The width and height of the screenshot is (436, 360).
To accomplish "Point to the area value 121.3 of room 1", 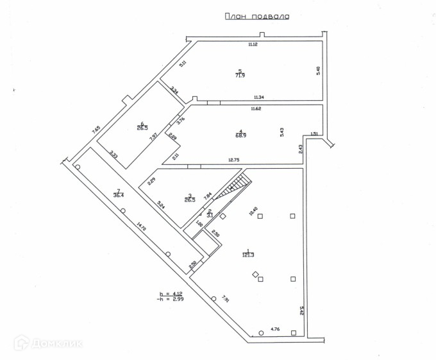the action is click(x=248, y=255).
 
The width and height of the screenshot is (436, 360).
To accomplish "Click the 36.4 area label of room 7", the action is click(x=119, y=194).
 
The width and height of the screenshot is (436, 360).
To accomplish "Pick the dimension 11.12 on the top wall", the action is click(x=253, y=44).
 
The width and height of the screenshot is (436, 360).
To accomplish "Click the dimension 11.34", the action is click(x=260, y=97).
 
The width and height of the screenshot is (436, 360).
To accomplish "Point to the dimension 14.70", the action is click(x=140, y=227).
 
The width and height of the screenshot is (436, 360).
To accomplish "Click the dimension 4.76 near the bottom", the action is click(x=275, y=329).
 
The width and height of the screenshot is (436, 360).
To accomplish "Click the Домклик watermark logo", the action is click(x=49, y=343).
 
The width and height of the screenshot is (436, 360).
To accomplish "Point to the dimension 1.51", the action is click(x=314, y=133).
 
